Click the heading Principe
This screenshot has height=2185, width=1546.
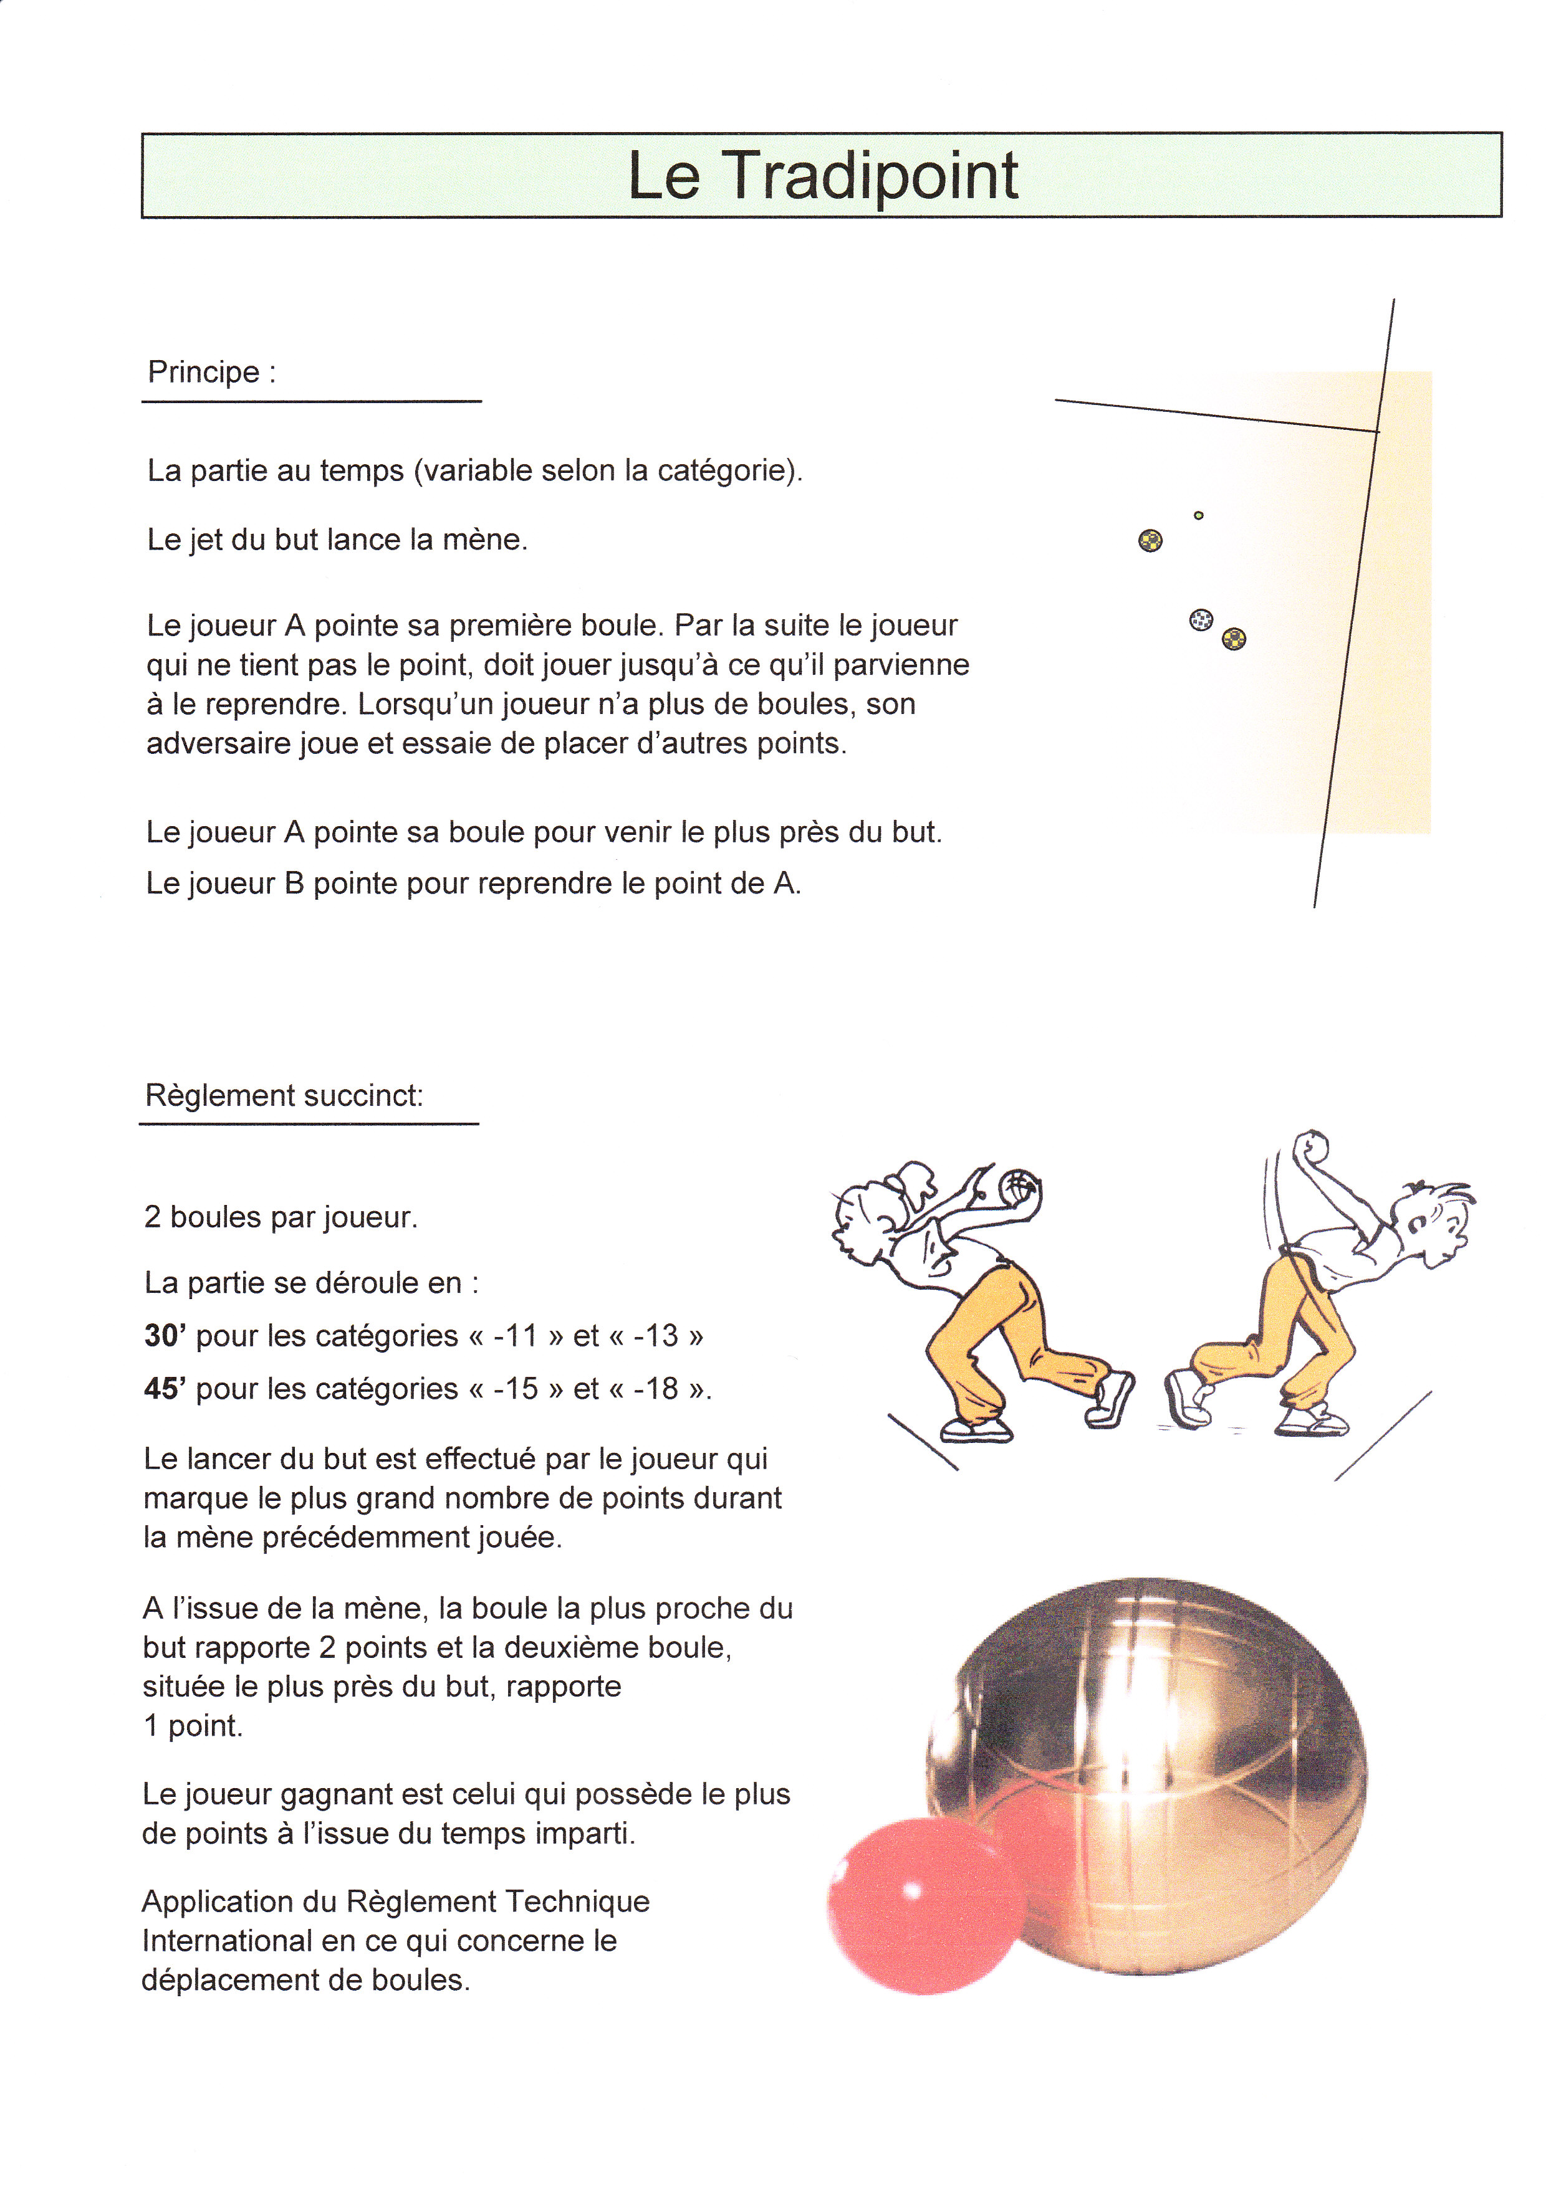203,372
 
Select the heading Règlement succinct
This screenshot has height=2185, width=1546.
283,1095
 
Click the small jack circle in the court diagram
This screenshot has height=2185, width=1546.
1199,516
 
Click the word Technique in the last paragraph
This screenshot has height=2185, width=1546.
577,1902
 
